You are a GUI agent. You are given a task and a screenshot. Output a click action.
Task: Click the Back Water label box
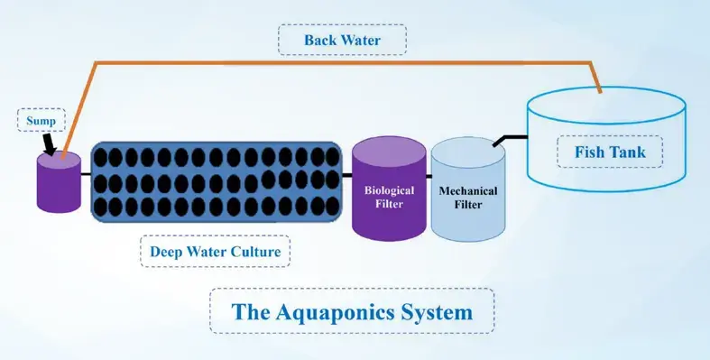(x=342, y=40)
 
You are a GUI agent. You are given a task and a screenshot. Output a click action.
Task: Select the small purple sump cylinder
(x=59, y=183)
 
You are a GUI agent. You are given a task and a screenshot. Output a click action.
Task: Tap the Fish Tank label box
(x=611, y=152)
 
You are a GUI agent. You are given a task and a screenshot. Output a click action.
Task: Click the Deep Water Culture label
(x=216, y=251)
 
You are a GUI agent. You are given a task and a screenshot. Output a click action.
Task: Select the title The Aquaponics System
(x=352, y=313)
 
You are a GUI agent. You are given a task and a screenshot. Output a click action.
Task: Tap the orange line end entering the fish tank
(x=598, y=89)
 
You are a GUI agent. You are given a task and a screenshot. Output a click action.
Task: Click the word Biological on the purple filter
(x=389, y=190)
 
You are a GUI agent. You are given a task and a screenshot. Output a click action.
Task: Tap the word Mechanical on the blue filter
(x=467, y=190)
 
